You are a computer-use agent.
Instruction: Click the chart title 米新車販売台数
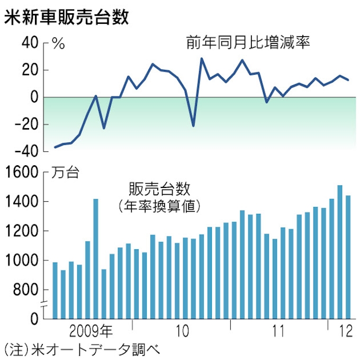(67, 16)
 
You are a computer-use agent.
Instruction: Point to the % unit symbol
(58, 44)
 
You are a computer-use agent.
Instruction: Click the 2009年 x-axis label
(91, 332)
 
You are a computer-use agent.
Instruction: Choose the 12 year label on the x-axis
(345, 332)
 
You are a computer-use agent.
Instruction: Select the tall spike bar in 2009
(96, 259)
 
